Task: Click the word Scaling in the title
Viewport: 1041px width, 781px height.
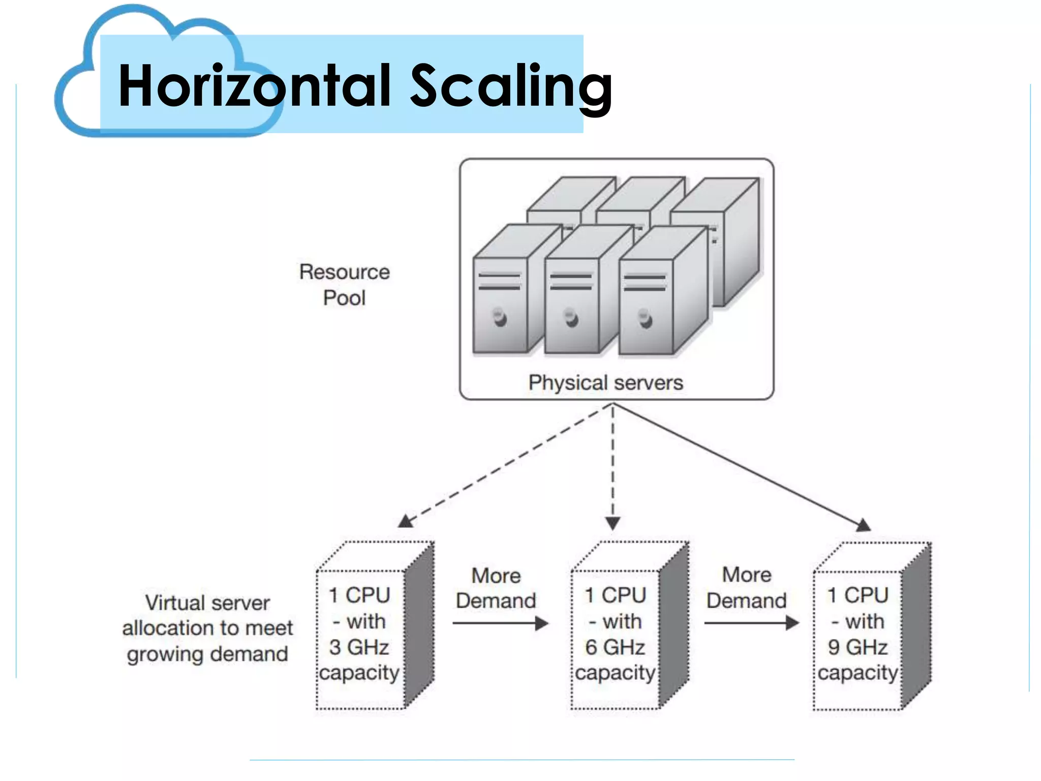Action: click(x=511, y=86)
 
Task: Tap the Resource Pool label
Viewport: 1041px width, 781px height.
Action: click(x=344, y=285)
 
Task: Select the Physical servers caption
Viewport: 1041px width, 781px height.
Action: click(x=605, y=382)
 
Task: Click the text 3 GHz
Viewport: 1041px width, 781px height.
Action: click(x=359, y=647)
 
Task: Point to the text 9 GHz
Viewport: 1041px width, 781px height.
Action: click(x=858, y=647)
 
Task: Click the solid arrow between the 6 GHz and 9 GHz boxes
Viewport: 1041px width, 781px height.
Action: click(x=751, y=623)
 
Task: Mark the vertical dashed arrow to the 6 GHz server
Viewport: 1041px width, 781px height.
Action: click(x=613, y=468)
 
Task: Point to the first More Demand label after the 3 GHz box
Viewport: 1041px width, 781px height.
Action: click(x=496, y=588)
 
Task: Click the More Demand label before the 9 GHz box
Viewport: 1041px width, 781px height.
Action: click(x=746, y=588)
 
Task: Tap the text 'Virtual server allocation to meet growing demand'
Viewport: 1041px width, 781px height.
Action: click(x=207, y=628)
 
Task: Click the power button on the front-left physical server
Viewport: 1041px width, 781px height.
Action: click(x=500, y=318)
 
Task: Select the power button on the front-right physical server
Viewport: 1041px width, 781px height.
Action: click(x=645, y=319)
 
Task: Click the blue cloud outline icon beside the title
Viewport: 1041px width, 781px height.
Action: click(x=76, y=102)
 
